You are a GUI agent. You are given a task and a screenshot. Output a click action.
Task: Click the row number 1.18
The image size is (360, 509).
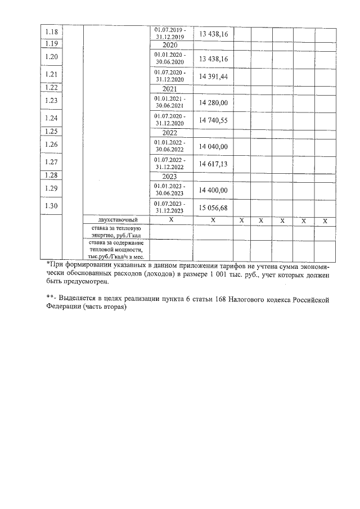pyautogui.click(x=52, y=33)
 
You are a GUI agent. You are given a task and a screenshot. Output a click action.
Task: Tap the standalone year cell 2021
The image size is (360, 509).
pyautogui.click(x=170, y=88)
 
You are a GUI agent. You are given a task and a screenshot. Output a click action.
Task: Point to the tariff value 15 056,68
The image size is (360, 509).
pyautogui.click(x=213, y=208)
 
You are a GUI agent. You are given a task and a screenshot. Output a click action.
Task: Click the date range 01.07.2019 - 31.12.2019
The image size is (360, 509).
pyautogui.click(x=170, y=33)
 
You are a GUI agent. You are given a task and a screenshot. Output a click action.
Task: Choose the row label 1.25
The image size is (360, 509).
pyautogui.click(x=52, y=132)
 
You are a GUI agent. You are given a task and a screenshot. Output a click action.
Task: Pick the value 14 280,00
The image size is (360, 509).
pyautogui.click(x=213, y=102)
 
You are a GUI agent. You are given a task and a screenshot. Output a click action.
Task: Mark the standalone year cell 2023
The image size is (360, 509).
pyautogui.click(x=170, y=176)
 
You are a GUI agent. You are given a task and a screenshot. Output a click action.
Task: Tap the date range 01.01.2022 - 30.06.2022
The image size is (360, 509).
pyautogui.click(x=170, y=146)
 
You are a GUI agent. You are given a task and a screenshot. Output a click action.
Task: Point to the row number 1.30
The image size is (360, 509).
pyautogui.click(x=52, y=206)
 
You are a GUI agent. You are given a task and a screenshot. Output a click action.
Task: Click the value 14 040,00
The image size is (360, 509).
pyautogui.click(x=213, y=146)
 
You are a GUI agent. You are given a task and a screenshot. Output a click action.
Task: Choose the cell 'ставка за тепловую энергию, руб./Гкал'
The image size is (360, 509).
pyautogui.click(x=116, y=232)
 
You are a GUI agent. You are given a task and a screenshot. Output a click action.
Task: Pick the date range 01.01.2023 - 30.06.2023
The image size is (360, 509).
pyautogui.click(x=170, y=190)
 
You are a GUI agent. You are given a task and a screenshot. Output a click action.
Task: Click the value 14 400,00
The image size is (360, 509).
pyautogui.click(x=213, y=190)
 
